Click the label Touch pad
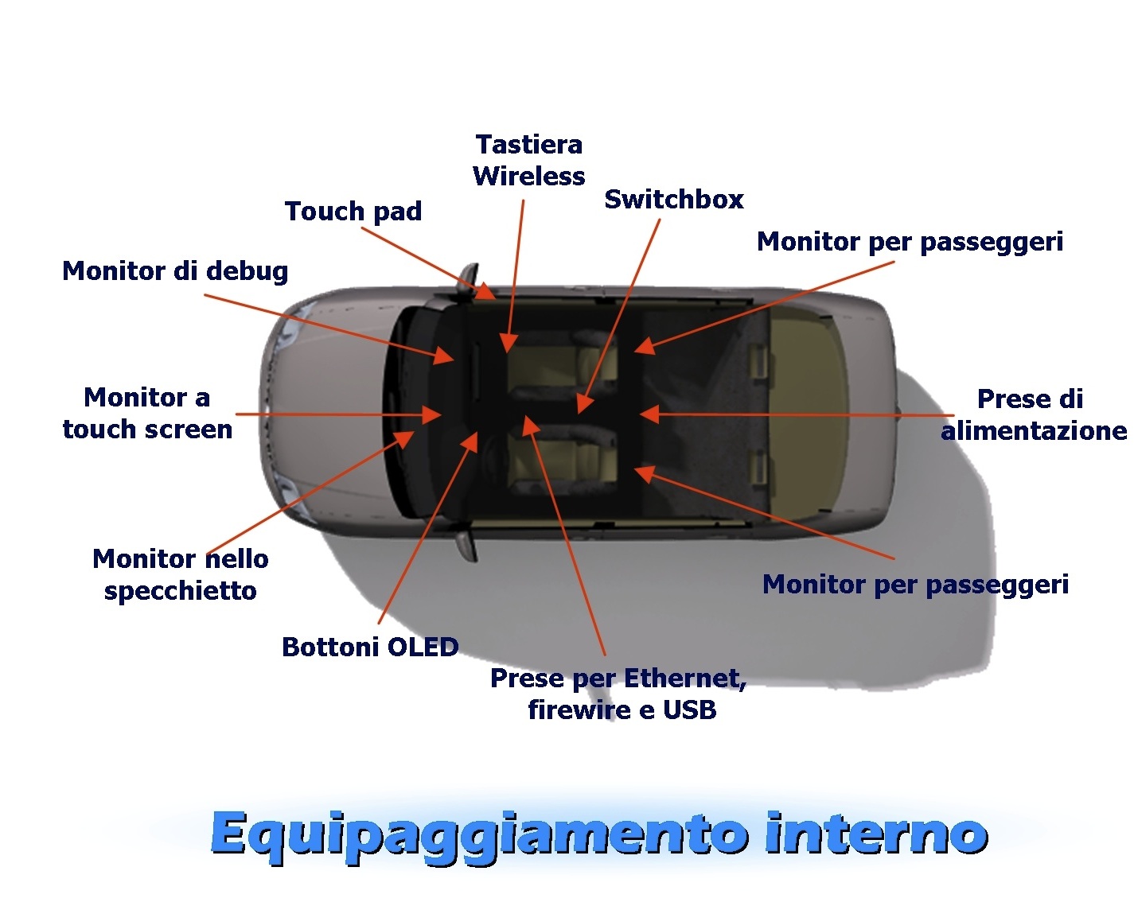click(353, 212)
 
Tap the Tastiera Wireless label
click(528, 160)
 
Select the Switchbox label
click(673, 199)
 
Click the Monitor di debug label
click(175, 272)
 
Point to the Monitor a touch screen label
click(147, 414)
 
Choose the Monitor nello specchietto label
click(180, 574)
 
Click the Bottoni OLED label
click(370, 647)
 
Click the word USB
click(689, 710)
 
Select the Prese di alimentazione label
click(1034, 414)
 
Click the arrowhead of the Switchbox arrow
click(585, 403)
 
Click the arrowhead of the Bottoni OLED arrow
click(470, 441)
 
